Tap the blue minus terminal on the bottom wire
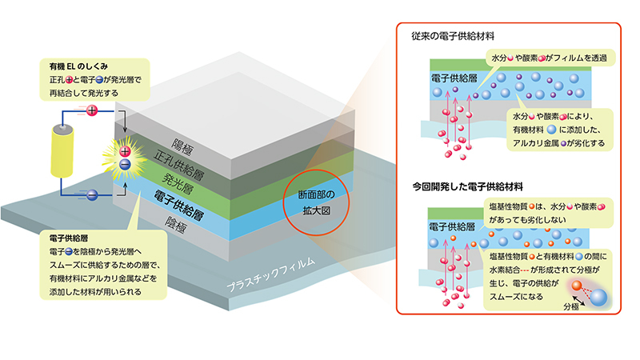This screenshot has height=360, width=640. pos(92,194)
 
